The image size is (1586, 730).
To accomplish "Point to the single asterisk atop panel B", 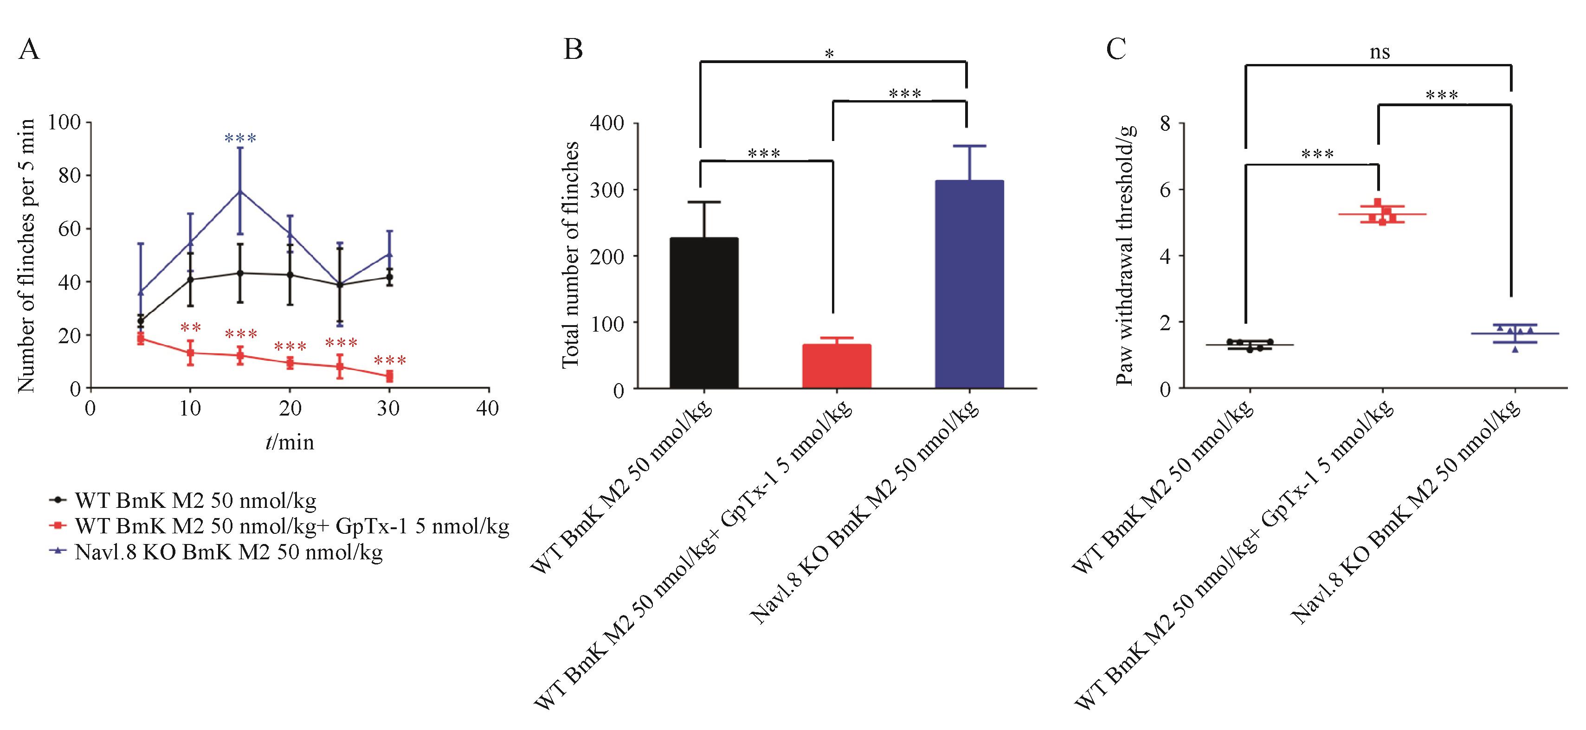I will [829, 55].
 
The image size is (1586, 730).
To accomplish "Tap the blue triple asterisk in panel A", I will [240, 138].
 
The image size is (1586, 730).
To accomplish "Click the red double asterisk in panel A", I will [191, 327].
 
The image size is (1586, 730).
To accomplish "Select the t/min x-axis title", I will [290, 442].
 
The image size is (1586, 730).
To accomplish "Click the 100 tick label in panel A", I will [64, 122].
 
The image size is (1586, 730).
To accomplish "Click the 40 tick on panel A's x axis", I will [488, 408].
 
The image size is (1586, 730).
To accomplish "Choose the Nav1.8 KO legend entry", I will [228, 552].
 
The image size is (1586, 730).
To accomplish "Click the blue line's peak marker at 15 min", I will [240, 191].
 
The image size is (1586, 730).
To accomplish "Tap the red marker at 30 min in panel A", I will [389, 376].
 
